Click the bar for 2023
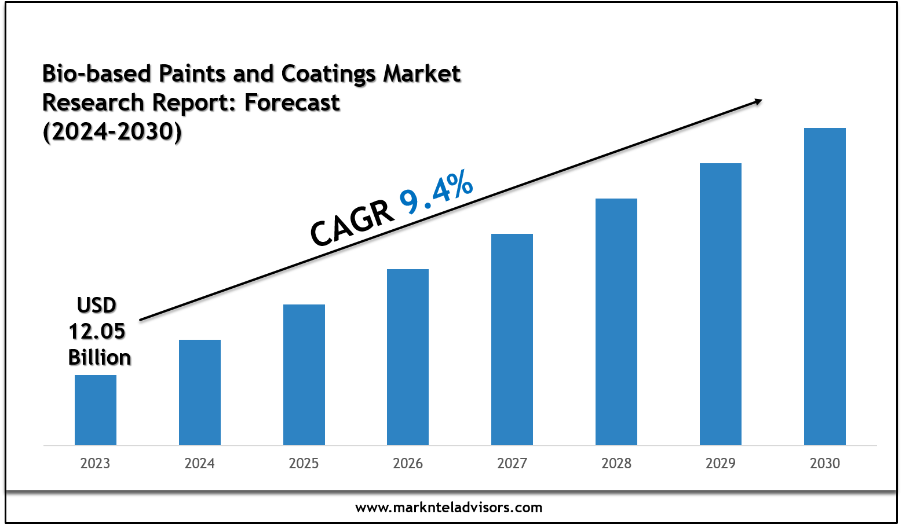pos(96,410)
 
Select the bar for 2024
pos(200,392)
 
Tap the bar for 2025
pos(304,375)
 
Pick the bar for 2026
pos(408,357)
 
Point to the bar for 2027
pos(512,339)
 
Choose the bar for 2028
pos(616,321)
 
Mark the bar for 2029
pos(721,304)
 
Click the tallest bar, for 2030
pos(825,286)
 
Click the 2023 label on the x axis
pos(95,464)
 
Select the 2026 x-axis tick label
pos(408,464)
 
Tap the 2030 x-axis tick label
pos(825,464)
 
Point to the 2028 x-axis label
pos(616,464)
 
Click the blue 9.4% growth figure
pos(436,193)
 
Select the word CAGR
pos(352,224)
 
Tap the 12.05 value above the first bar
pos(97,331)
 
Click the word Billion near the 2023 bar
pos(100,357)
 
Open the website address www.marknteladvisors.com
pos(449,508)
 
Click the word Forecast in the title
pos(292,102)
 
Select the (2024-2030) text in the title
pos(112,132)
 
